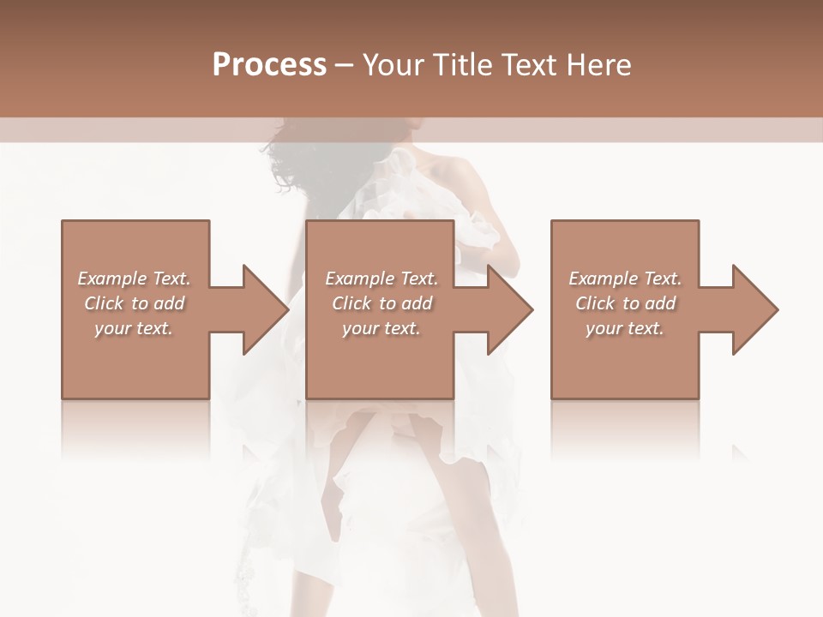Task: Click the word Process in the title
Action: click(269, 65)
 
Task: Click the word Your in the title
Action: click(391, 65)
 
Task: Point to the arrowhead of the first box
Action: click(262, 309)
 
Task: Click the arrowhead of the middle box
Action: click(508, 309)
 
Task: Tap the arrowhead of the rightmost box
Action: click(753, 309)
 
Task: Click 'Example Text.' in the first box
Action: click(134, 279)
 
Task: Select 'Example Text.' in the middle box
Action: click(381, 279)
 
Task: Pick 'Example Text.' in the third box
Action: click(625, 279)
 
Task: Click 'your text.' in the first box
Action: click(134, 328)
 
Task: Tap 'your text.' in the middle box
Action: click(381, 328)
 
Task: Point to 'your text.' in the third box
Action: click(625, 328)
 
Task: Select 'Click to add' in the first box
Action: click(134, 303)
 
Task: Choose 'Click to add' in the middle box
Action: click(381, 303)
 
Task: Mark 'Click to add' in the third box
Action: click(625, 303)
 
